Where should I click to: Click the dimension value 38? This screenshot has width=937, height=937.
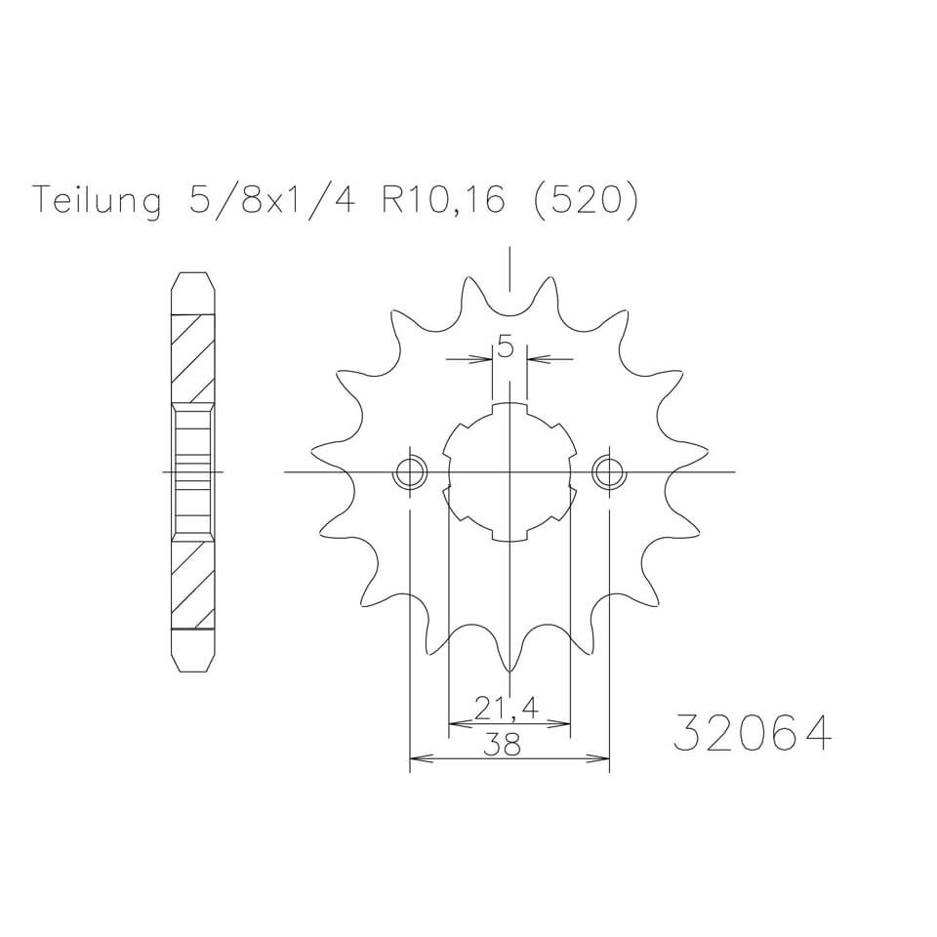tap(509, 744)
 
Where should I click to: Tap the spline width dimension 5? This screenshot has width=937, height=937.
tap(506, 346)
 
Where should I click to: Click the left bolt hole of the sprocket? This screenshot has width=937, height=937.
tap(410, 473)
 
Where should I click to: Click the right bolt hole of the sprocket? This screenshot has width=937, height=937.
tap(609, 473)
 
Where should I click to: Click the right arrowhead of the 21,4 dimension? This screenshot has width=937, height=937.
tap(562, 724)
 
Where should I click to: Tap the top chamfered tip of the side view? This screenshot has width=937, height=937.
tap(193, 284)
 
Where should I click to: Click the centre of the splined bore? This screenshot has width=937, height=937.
tap(509, 473)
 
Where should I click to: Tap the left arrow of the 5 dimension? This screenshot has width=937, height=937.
tap(485, 359)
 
